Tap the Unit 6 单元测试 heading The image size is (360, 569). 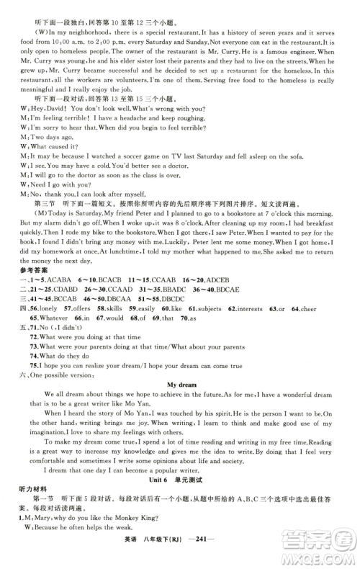180,499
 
